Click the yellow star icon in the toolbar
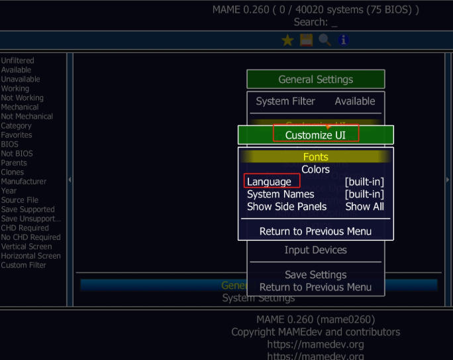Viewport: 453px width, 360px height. point(287,40)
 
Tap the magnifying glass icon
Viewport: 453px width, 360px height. point(325,40)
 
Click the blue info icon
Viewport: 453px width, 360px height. point(343,40)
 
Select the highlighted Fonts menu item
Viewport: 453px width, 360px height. point(316,157)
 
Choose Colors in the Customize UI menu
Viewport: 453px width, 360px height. point(316,170)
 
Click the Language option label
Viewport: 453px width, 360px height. point(269,182)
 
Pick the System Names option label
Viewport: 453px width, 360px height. point(281,194)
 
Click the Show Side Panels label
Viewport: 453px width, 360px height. point(287,206)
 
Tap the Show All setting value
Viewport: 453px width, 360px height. point(364,206)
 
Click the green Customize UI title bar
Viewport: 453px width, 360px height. point(316,135)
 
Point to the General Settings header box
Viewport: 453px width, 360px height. point(316,80)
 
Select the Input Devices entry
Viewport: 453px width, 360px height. point(316,250)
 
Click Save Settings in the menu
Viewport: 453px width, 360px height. point(316,274)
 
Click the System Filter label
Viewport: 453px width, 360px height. point(285,101)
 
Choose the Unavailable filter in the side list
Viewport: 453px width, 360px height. point(21,79)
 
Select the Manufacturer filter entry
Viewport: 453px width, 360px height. point(24,181)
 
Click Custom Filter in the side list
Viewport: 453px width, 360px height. point(24,265)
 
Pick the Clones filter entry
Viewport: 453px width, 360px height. point(13,172)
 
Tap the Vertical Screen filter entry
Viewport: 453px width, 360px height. point(27,246)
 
